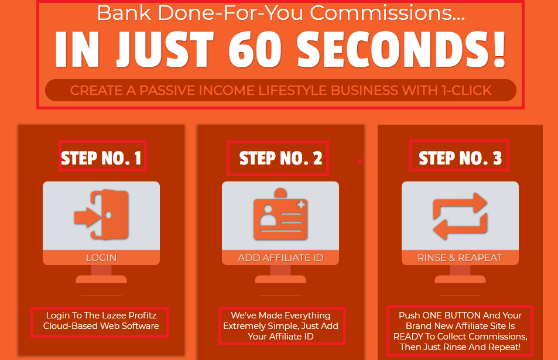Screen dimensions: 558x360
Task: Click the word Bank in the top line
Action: (124, 13)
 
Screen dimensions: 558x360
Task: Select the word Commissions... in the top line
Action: (388, 13)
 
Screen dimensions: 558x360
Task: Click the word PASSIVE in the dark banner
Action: (167, 90)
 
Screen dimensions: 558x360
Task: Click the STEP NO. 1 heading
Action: (101, 158)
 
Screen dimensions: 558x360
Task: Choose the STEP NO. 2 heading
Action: (281, 158)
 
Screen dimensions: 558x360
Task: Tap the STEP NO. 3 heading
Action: (460, 158)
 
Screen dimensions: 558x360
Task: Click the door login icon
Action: (101, 214)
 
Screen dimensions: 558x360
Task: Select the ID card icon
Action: (280, 214)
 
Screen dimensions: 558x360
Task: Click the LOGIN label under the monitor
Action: (101, 258)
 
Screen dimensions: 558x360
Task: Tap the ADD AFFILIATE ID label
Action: (281, 258)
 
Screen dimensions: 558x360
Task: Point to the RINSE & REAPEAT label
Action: (460, 258)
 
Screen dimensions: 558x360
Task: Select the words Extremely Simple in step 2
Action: (258, 326)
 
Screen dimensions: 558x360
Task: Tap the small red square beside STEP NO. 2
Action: (360, 161)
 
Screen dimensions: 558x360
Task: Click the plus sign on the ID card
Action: (302, 204)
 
